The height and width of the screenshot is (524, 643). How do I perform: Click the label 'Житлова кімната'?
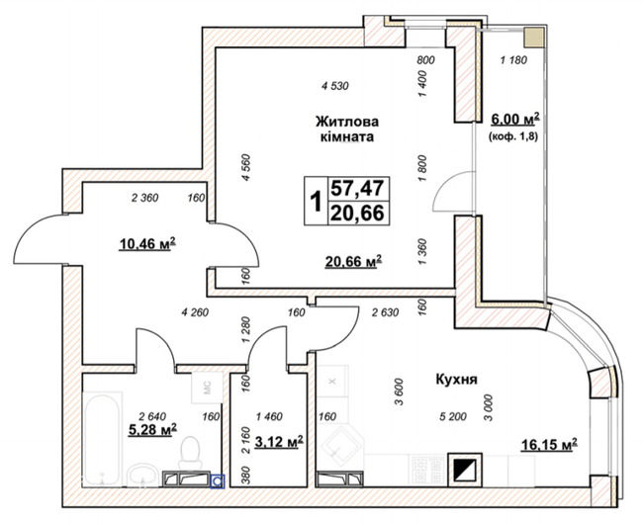(x=345, y=130)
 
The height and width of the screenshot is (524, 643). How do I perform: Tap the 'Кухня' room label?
(x=456, y=378)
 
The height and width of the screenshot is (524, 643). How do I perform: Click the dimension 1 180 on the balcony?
(x=514, y=61)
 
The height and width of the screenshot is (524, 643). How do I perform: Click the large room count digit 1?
(x=316, y=202)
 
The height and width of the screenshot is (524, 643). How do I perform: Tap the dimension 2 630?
(x=386, y=314)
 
